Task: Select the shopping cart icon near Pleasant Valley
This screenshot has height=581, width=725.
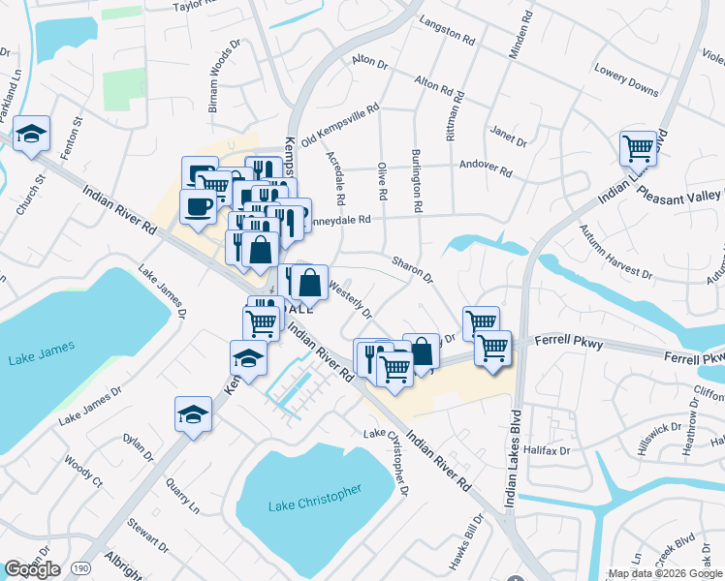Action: (638, 149)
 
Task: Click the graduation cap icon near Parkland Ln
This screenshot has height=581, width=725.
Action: (32, 136)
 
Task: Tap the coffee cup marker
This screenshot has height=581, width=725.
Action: (199, 207)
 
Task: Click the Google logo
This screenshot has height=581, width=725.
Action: (32, 569)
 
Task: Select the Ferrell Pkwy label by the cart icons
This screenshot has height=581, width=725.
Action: (573, 344)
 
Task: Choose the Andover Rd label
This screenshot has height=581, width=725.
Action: (485, 167)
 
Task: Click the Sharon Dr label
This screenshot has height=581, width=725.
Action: (412, 268)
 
